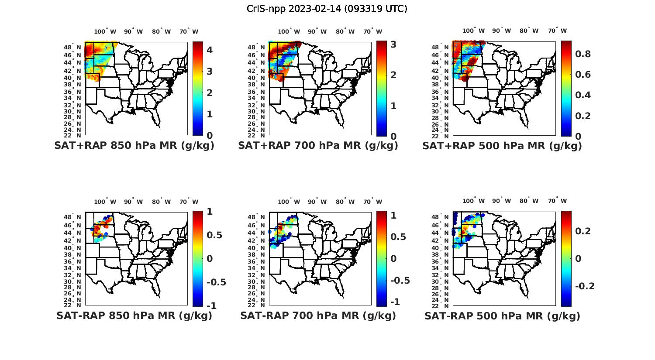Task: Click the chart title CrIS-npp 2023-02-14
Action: (x=327, y=9)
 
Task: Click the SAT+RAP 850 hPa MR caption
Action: (x=134, y=146)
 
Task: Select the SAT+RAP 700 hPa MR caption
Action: (x=318, y=146)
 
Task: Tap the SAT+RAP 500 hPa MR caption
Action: (x=502, y=146)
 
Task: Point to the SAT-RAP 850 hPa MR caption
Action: (x=134, y=315)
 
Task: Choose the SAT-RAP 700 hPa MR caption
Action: (x=318, y=315)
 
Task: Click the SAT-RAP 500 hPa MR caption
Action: (x=502, y=315)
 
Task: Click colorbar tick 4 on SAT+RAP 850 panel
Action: (x=210, y=50)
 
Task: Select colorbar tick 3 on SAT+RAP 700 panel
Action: (x=393, y=44)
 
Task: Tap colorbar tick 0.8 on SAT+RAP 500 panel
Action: (x=583, y=54)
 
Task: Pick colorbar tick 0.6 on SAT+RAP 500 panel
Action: (x=583, y=75)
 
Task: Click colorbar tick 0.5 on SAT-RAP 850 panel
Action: (x=214, y=235)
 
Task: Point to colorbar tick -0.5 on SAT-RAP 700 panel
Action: (x=400, y=280)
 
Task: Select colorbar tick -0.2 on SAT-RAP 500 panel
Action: (x=585, y=286)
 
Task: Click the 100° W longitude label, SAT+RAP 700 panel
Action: (x=289, y=31)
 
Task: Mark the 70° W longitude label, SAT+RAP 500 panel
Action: (x=557, y=31)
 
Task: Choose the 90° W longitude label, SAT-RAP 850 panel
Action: (x=133, y=202)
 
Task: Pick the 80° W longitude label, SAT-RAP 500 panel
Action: (x=529, y=201)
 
